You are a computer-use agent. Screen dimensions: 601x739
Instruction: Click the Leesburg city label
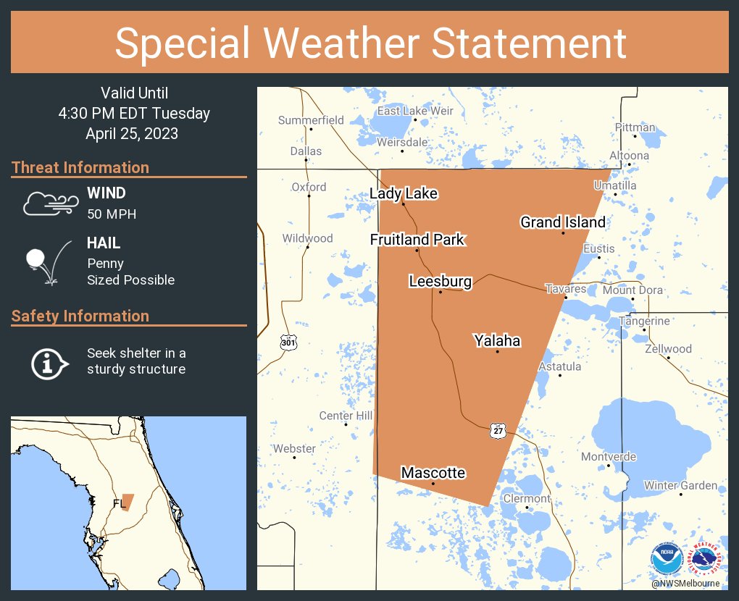tap(440, 281)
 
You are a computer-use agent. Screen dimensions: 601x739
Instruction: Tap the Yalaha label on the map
tap(497, 340)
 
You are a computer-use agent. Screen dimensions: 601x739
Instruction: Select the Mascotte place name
tap(433, 473)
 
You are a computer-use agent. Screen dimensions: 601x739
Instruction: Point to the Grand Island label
tap(562, 222)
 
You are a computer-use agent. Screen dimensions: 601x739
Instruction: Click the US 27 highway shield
tap(497, 430)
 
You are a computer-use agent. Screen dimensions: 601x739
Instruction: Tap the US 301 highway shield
tap(288, 342)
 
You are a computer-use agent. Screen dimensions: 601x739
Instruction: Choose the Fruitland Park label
tap(417, 240)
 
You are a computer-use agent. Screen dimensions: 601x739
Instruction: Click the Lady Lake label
tap(404, 193)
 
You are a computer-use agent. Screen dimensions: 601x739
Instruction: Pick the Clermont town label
tap(527, 499)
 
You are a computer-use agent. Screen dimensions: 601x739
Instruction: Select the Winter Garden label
tap(680, 485)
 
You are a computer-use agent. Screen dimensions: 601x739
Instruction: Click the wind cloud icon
tap(50, 203)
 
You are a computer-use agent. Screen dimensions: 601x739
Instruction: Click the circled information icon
tap(49, 362)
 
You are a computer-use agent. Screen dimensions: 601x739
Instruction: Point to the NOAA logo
tap(667, 560)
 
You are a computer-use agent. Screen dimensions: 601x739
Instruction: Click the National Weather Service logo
tap(706, 560)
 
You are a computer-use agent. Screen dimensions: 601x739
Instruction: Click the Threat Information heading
tap(80, 167)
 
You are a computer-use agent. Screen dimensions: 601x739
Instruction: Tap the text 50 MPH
tap(112, 214)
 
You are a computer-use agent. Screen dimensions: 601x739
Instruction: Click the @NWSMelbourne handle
tap(685, 584)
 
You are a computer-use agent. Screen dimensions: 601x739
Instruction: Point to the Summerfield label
tap(311, 119)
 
